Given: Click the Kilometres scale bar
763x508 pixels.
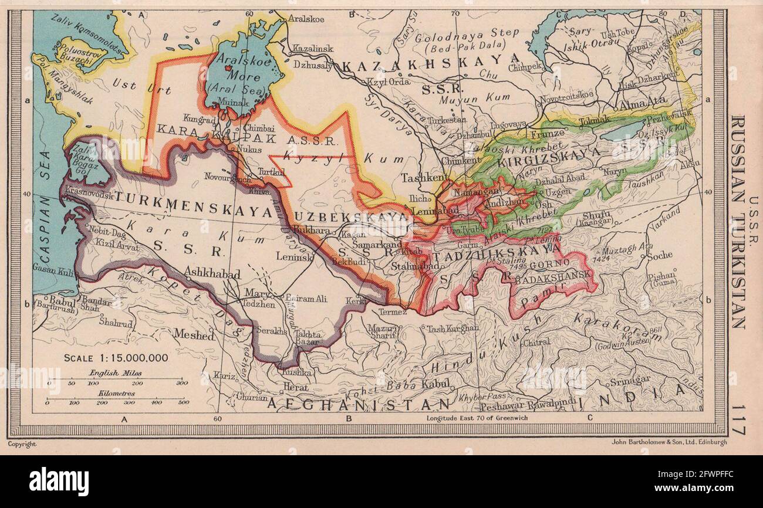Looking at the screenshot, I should pos(118,403).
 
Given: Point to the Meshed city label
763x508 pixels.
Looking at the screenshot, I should pos(194,334).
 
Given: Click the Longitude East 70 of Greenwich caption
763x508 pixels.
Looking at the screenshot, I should pos(478,418).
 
